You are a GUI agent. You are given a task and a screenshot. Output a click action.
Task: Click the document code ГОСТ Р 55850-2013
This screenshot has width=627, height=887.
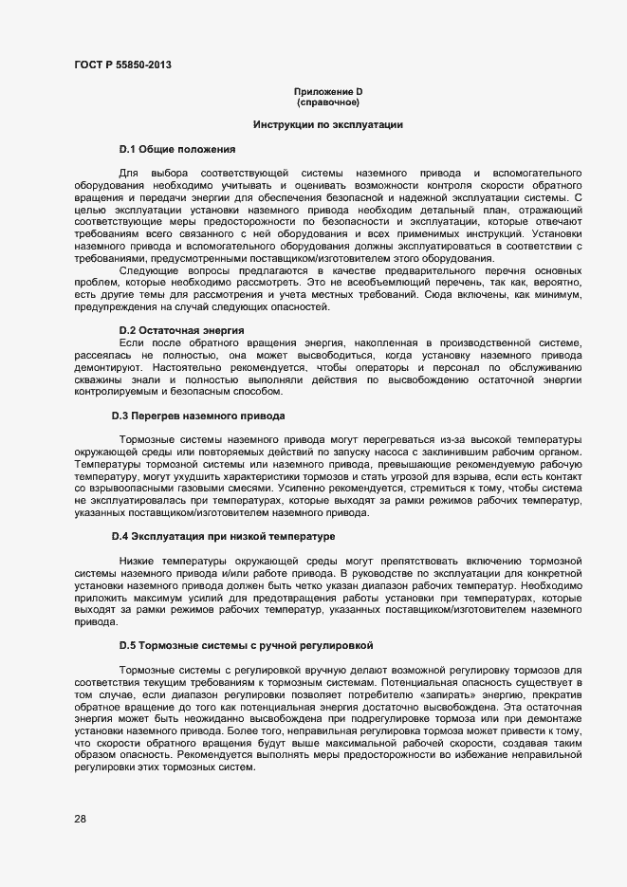coord(123,65)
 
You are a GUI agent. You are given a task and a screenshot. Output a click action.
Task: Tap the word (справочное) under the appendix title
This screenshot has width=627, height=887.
coord(328,101)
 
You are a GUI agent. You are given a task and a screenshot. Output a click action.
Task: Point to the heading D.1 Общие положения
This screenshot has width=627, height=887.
coord(177,150)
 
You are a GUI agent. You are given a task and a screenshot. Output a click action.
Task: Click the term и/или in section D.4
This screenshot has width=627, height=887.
coord(231,575)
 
